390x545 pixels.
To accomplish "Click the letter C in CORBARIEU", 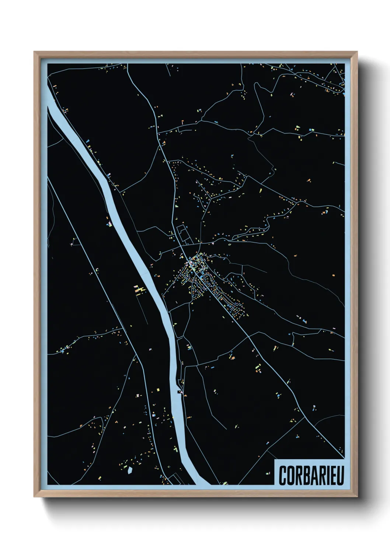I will tap(283, 475).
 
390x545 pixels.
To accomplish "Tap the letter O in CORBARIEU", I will tap(290, 475).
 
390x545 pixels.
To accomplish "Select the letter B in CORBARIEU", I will tap(306, 475).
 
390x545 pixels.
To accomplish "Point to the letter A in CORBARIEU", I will tap(313, 475).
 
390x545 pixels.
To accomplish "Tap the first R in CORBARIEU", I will tap(298, 475).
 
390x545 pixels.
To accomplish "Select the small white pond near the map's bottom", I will tap(130, 470).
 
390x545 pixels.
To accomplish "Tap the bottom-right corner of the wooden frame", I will tap(357, 496).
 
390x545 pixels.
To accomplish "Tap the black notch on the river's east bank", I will tap(180, 391).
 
